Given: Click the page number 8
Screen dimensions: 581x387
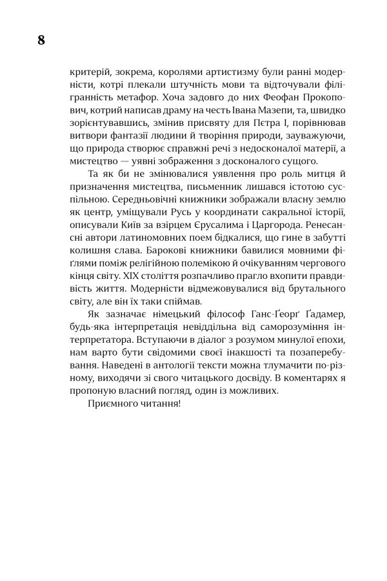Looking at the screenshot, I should (41, 40).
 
